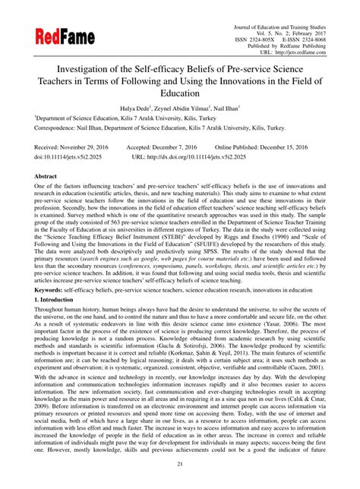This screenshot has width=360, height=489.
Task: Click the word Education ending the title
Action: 180,93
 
